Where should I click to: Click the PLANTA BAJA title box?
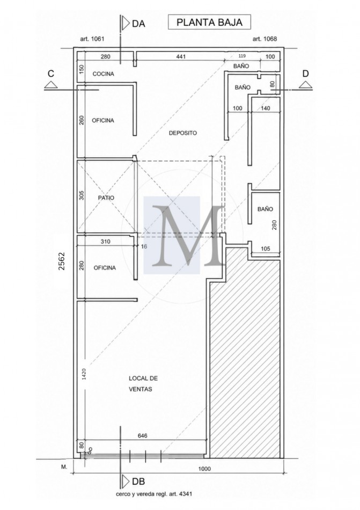point(209,22)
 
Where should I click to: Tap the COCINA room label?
point(104,74)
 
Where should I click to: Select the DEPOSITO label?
point(183,133)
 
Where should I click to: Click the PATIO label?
point(106,198)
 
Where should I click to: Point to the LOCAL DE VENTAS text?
point(143,383)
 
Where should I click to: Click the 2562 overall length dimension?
point(61,261)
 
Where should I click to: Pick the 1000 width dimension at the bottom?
point(204,469)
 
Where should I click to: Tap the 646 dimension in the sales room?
point(143,435)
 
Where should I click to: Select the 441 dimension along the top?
point(181,56)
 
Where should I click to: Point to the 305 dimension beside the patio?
point(82,195)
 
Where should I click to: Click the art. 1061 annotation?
point(92,39)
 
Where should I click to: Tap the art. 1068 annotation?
point(265,39)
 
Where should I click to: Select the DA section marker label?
point(138,24)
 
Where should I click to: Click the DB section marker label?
point(138,481)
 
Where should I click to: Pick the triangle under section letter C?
point(51,85)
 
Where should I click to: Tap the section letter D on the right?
point(305,74)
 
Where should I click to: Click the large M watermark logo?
point(188,235)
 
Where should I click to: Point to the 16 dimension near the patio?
point(144,246)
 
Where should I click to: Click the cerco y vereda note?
point(154,494)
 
